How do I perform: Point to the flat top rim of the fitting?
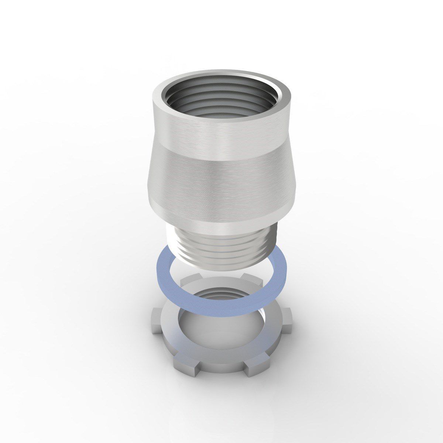click(x=221, y=75)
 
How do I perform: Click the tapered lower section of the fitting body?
click(x=221, y=185)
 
